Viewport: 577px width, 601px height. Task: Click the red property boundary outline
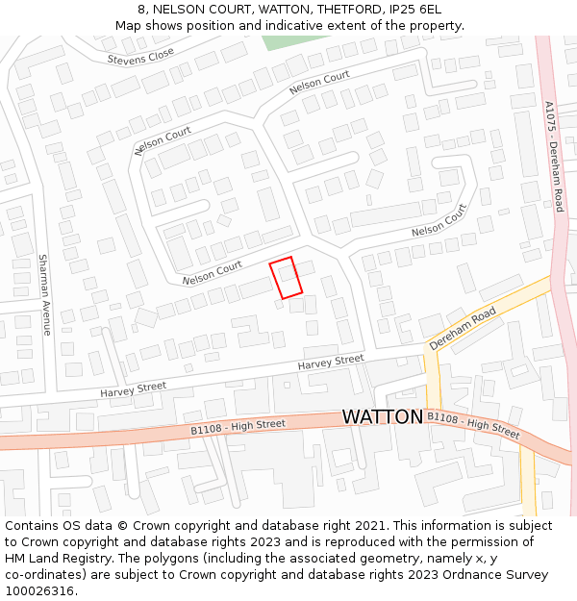click(x=286, y=278)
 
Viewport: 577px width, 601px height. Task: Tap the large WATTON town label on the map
click(x=383, y=417)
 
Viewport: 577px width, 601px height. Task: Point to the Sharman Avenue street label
click(x=44, y=294)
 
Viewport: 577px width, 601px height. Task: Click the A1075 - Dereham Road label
click(x=554, y=156)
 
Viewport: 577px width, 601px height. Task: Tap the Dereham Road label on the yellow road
click(x=463, y=328)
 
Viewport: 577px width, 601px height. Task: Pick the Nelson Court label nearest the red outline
click(x=213, y=273)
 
